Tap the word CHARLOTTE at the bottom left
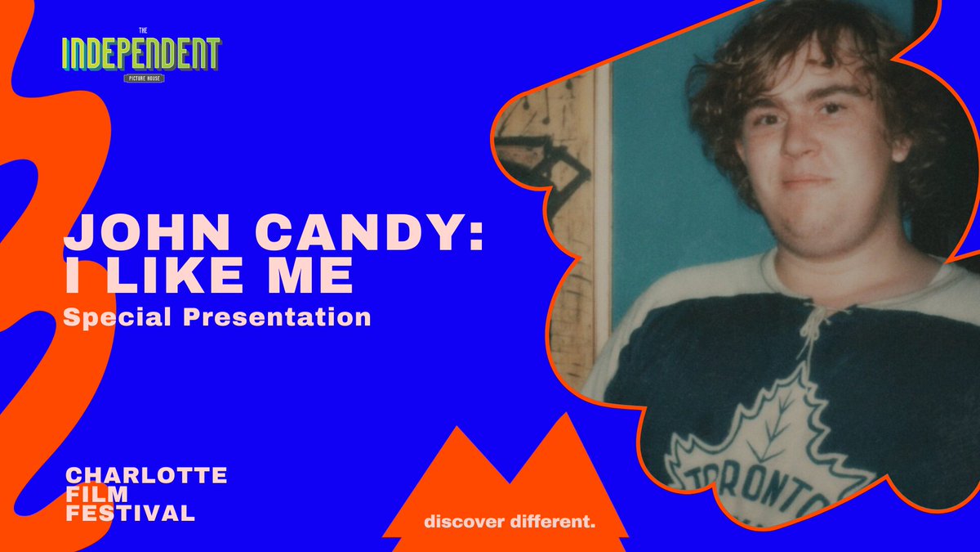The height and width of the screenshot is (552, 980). point(145,475)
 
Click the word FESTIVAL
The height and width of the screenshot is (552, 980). point(130,514)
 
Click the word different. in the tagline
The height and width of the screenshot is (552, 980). point(556,521)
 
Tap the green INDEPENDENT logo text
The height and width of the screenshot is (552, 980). point(141,54)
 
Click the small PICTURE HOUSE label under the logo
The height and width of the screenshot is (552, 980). point(141,79)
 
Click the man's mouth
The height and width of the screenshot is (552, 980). point(804,181)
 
